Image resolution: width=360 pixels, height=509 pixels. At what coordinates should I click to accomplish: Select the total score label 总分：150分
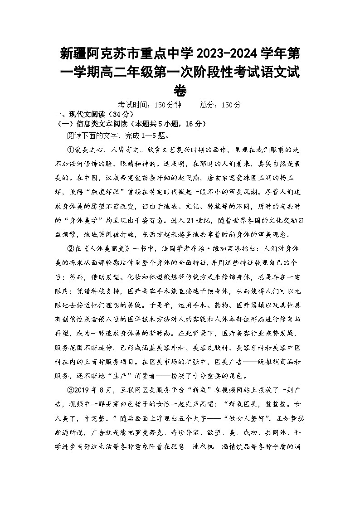click(221, 105)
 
